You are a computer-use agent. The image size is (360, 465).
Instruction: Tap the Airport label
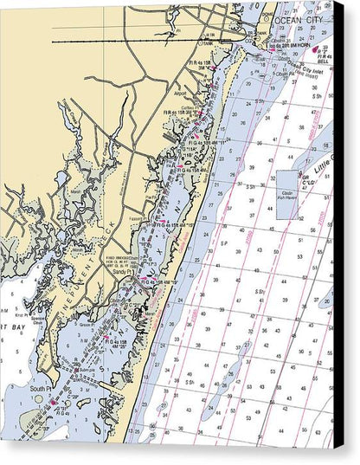(180, 93)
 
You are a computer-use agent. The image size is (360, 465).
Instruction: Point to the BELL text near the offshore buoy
(324, 62)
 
